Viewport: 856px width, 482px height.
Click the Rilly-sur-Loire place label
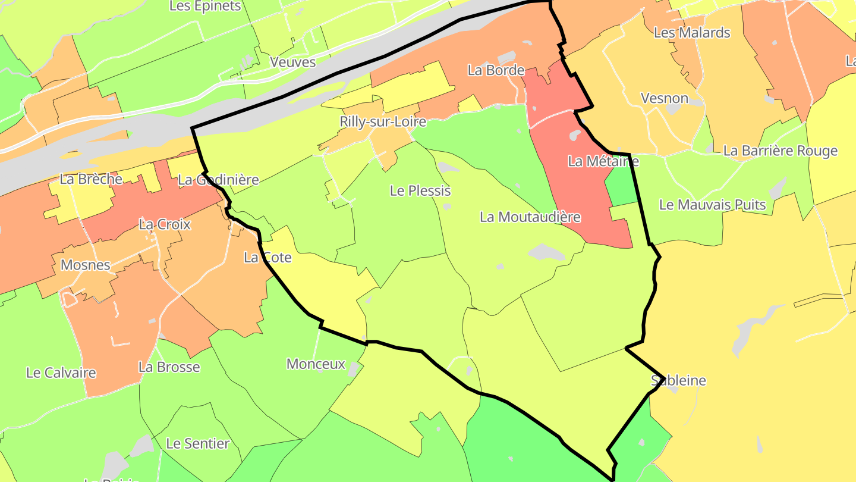point(383,121)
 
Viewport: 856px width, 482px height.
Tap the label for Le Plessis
point(420,190)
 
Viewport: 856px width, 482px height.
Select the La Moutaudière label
point(530,217)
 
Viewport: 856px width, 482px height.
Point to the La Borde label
point(496,70)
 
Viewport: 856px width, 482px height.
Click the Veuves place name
point(292,61)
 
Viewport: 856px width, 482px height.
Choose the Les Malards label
point(692,32)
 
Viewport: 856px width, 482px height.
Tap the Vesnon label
point(665,98)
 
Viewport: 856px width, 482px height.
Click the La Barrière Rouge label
point(780,151)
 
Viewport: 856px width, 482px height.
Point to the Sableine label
point(678,380)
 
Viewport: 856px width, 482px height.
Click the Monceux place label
point(316,364)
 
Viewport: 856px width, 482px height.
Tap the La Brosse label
point(169,367)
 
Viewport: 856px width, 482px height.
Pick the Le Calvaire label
point(61,373)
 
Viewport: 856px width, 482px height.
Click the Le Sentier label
point(198,443)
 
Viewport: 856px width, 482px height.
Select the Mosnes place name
point(86,265)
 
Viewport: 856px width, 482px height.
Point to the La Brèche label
point(91,179)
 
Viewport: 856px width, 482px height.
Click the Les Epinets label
point(205,6)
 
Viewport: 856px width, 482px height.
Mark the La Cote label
point(268,257)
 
